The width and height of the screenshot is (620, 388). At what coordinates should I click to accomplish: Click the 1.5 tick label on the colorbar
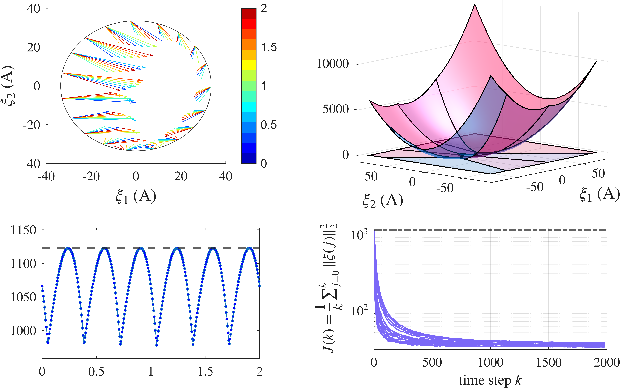coord(269,48)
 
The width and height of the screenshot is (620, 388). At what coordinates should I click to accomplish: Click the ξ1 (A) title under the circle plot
coord(136,197)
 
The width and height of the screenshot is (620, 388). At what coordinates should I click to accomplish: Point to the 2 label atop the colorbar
coord(264,9)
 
